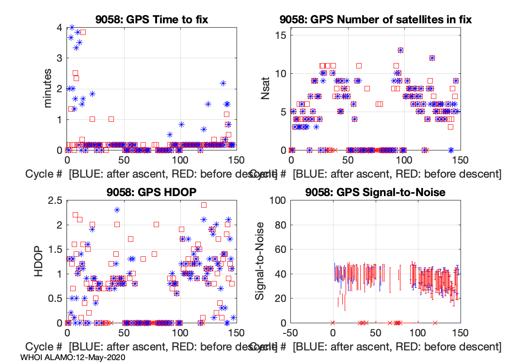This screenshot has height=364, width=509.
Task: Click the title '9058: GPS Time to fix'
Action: coord(152,20)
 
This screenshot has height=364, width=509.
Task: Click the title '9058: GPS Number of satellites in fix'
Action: coord(376,20)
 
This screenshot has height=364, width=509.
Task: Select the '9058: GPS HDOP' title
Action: coord(152,192)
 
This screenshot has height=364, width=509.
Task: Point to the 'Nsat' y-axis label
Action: coord(266,89)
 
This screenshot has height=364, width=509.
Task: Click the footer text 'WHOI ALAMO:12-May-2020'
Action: coord(73,357)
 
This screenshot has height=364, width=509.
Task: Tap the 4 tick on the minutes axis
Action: coord(59,28)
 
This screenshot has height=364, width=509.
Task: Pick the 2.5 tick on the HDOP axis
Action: coord(54,200)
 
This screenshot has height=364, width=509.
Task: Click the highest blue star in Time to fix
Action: coord(72,27)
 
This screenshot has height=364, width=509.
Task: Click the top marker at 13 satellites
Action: coord(400,50)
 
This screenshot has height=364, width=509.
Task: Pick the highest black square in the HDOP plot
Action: coord(204,205)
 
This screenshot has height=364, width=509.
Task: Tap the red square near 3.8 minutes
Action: coord(83,32)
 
